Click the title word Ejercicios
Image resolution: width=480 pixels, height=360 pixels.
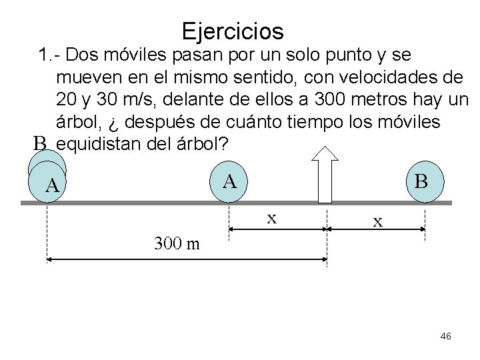[x=232, y=31]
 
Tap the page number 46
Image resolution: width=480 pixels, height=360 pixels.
[x=446, y=337]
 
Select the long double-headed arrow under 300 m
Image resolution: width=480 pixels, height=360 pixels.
[x=186, y=258]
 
